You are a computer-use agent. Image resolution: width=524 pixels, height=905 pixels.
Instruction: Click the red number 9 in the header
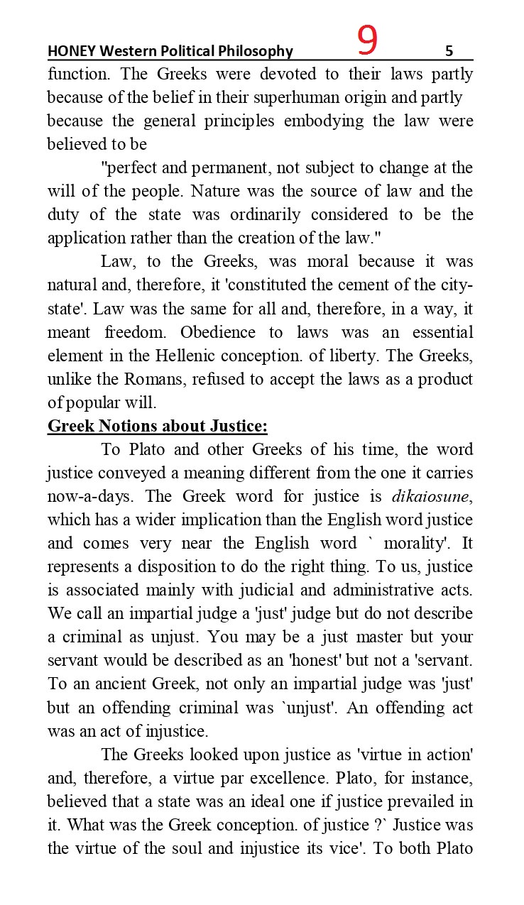(x=367, y=41)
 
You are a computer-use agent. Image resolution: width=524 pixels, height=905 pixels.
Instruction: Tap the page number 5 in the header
(x=449, y=51)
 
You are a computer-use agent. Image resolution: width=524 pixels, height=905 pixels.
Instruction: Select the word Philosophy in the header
(x=258, y=51)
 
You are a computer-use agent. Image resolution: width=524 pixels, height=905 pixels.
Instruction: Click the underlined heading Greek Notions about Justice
(x=158, y=427)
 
